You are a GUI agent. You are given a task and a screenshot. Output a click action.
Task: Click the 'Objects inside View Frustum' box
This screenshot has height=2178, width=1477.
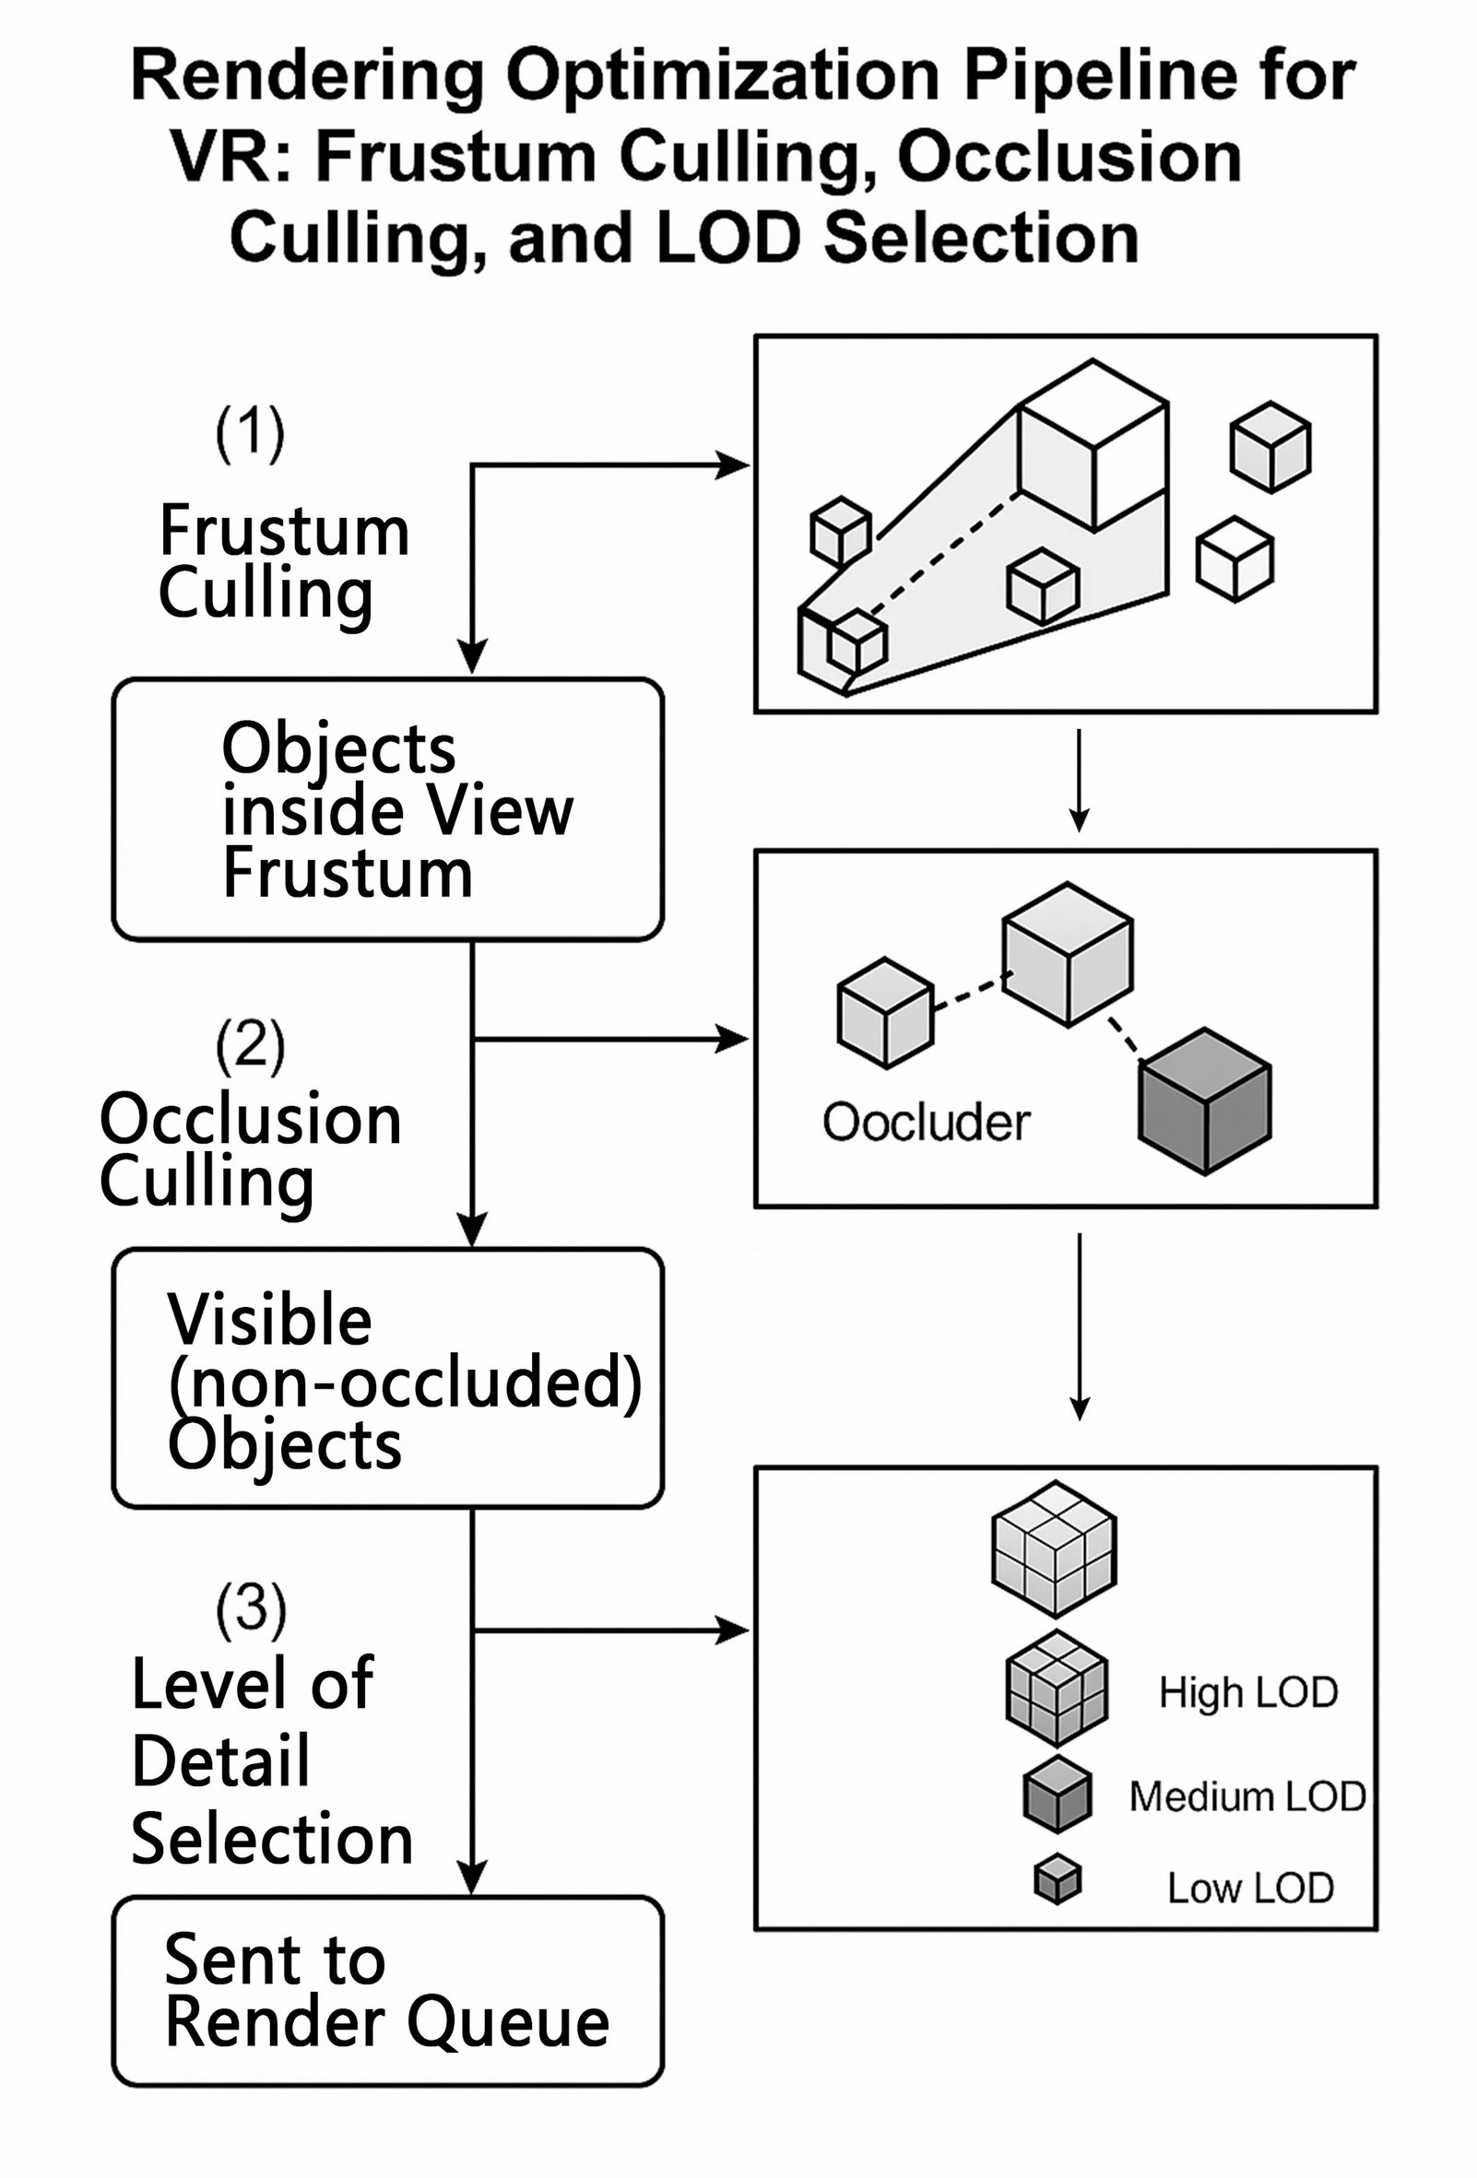(387, 809)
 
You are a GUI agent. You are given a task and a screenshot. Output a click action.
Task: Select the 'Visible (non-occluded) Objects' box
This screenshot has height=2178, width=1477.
(387, 1379)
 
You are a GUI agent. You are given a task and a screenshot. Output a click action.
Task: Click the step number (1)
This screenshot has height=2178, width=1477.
(250, 433)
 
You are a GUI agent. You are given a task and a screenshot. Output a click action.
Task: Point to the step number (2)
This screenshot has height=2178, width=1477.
(250, 1045)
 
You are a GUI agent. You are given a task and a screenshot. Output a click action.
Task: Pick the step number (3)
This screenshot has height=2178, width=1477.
(250, 1608)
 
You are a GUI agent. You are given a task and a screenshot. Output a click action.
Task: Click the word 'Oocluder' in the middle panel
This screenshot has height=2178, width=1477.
(926, 1122)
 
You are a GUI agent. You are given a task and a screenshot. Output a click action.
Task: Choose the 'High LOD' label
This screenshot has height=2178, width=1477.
(1248, 1692)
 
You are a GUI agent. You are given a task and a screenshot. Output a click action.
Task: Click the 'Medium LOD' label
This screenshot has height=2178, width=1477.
(1247, 1796)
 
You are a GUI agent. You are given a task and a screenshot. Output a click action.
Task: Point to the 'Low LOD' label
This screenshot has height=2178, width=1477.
(1250, 1888)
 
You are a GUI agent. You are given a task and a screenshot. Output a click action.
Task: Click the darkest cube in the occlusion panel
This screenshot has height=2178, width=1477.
(1204, 1101)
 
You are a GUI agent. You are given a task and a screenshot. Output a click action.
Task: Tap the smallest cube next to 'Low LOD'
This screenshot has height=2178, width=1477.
(1058, 1880)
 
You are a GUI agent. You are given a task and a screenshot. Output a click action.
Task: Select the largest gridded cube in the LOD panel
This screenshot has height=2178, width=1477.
(1055, 1548)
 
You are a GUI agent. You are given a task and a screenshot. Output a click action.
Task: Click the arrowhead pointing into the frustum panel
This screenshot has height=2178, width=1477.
(733, 465)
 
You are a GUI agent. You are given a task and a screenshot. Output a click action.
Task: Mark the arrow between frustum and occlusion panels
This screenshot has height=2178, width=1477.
(1080, 780)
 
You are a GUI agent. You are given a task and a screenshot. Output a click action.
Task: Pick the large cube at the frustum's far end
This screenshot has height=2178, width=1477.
(1093, 446)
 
